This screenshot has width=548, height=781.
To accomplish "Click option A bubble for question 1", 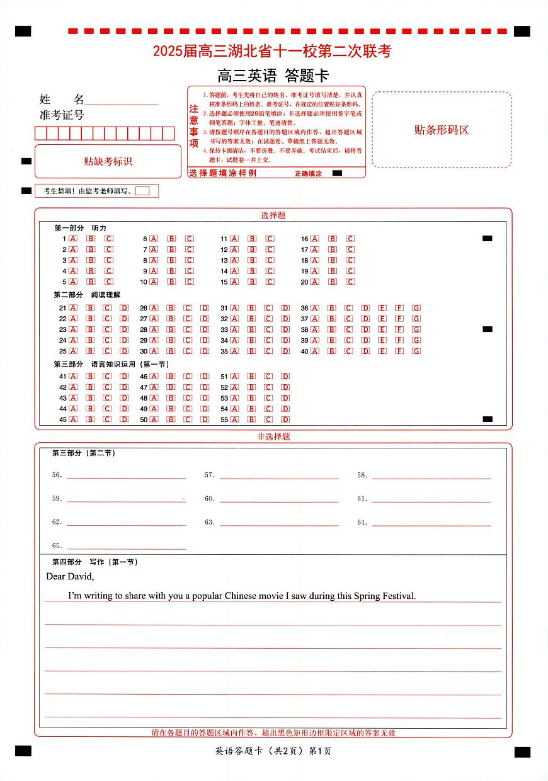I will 73,239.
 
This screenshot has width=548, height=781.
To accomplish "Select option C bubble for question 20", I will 351,282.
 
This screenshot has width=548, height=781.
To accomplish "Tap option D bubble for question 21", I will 125,308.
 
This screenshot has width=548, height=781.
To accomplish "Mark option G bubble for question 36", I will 416,308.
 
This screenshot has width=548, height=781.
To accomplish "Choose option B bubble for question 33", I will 252,329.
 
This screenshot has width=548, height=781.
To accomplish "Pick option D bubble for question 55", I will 285,419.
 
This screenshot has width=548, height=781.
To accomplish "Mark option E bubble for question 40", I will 382,351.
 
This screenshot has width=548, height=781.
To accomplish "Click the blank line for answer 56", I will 126,477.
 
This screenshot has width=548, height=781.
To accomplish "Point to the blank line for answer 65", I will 126,547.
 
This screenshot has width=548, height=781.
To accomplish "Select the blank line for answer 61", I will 431,500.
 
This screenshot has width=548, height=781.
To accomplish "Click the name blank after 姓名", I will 121,101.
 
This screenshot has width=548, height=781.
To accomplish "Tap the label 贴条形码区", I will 441,130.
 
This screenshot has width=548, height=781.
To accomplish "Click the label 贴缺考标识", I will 108,161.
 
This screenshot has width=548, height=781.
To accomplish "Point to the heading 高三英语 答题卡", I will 273,76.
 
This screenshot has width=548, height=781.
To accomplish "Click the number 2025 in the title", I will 167,52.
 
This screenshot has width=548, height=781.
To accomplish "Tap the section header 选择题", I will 273,215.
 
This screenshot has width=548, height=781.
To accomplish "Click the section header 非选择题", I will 273,436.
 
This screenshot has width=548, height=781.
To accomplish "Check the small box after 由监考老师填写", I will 142,191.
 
